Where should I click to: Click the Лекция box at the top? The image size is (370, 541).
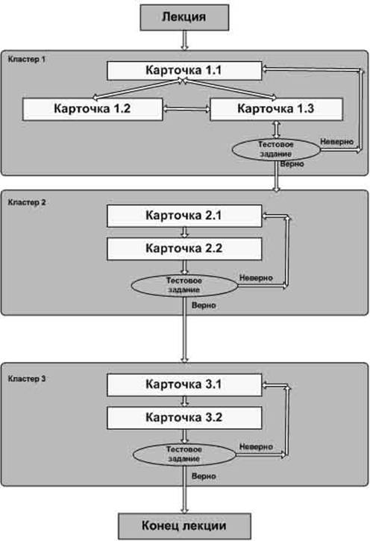tap(184, 17)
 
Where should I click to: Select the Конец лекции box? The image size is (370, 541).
tap(184, 526)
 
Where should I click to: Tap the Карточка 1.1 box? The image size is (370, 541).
tap(184, 71)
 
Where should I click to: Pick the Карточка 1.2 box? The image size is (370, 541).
tap(92, 109)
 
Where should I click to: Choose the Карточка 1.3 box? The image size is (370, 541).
tap(276, 109)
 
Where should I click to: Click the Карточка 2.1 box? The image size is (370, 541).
tap(184, 216)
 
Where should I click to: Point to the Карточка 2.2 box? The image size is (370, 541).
tap(184, 248)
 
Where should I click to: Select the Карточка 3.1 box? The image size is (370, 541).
tap(184, 385)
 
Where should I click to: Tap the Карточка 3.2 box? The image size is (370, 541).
tap(184, 418)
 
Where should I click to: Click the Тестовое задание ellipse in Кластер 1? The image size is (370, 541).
tap(276, 149)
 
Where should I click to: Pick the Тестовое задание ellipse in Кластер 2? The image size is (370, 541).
tap(184, 285)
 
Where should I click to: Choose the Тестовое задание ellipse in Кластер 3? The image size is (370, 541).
tap(184, 454)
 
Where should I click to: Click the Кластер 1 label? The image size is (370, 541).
tap(27, 60)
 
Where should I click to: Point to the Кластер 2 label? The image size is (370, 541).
tap(27, 202)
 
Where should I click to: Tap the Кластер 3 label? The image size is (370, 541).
tap(27, 379)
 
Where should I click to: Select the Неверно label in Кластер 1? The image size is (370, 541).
tap(337, 142)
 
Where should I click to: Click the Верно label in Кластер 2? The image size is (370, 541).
tap(204, 305)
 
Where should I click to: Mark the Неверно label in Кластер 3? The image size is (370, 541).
tap(256, 447)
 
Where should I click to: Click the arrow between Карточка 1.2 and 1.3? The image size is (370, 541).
tap(186, 109)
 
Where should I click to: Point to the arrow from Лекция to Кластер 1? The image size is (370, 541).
tap(185, 40)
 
